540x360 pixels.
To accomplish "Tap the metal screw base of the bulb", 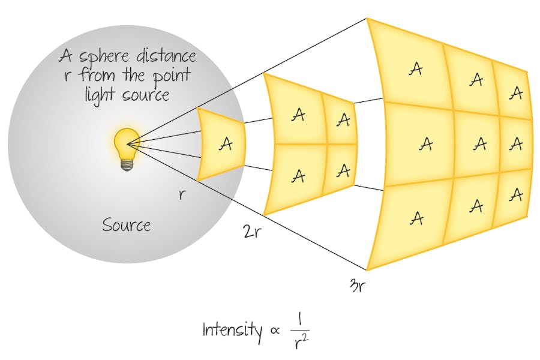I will (126, 164).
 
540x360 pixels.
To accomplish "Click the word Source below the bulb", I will (126, 225).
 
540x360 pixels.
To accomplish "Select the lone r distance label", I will (182, 194).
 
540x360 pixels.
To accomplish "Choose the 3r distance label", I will (357, 284).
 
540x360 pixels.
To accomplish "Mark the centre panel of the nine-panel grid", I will (478, 143).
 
